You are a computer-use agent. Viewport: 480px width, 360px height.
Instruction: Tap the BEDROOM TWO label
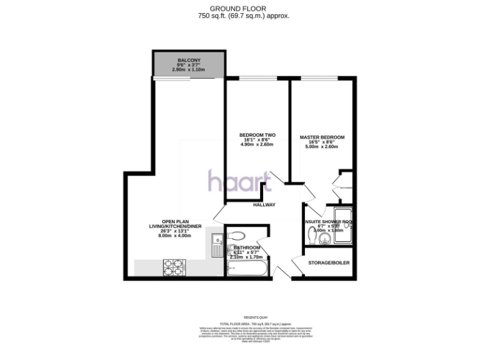[x=257, y=136]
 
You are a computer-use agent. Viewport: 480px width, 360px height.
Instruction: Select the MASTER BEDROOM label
[x=321, y=137]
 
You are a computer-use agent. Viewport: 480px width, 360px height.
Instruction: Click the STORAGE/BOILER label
[x=329, y=262]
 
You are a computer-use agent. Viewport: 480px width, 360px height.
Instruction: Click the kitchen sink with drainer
[x=216, y=244]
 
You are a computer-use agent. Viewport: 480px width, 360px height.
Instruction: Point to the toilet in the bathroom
[x=237, y=236]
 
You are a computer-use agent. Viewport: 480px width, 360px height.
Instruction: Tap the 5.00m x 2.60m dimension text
[x=322, y=147]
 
